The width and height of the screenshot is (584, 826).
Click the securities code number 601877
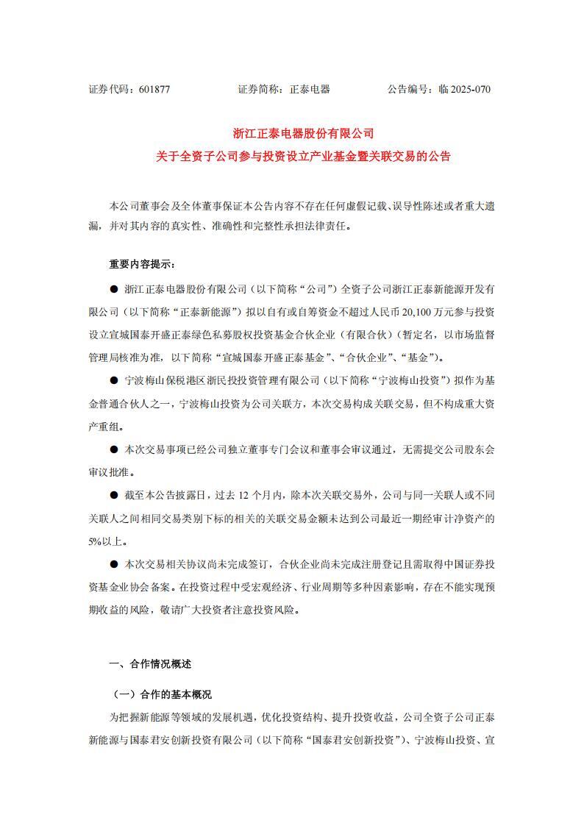point(154,90)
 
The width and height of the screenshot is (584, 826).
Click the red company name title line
point(304,134)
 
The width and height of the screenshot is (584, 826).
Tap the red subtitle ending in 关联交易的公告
point(304,156)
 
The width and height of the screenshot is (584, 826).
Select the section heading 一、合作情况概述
point(150,664)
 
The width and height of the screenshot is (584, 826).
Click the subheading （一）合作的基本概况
point(163,694)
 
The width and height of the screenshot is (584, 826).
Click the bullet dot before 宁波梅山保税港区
point(113,380)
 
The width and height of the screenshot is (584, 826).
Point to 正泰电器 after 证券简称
point(310,90)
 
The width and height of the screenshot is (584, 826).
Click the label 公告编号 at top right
point(408,90)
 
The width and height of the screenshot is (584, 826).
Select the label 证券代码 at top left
point(109,90)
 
